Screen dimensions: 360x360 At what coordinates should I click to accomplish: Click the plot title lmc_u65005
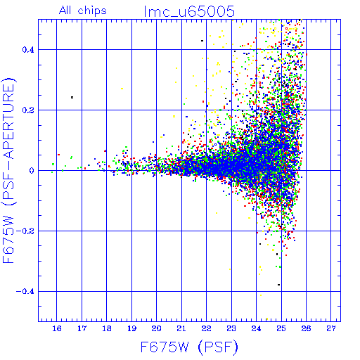coord(189,12)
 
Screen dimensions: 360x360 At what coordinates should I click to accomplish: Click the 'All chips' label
coord(83,11)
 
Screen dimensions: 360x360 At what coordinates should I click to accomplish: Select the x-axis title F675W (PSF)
coord(189,347)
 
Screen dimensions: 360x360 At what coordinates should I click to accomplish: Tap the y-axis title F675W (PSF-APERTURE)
coord(9,171)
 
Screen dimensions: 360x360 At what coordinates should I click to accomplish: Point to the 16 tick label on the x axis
coord(57,328)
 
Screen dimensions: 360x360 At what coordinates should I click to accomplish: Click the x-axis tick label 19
coord(131,328)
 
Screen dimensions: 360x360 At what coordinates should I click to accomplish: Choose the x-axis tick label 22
coord(207,328)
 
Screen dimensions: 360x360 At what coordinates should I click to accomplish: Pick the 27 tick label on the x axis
coord(331,328)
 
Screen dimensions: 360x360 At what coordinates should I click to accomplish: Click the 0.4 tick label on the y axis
coord(28,50)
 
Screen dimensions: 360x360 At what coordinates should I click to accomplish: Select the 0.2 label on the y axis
coord(28,110)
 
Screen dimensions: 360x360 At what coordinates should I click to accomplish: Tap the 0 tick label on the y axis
coord(32,171)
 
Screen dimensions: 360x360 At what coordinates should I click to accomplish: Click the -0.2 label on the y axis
coord(25,231)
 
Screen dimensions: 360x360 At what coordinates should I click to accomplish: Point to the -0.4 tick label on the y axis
coord(25,292)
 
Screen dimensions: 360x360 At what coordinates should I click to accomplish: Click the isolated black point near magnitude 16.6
coord(72,97)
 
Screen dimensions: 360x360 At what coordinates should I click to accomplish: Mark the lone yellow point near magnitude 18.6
coord(122,89)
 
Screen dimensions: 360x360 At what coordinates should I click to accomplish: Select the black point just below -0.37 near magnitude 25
coord(278,285)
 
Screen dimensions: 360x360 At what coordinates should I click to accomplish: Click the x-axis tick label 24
coord(256,328)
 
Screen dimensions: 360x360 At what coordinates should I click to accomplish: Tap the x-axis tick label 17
coord(82,328)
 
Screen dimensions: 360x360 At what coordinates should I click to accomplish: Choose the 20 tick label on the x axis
coord(157,328)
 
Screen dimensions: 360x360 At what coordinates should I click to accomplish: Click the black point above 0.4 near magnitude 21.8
coord(202,41)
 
